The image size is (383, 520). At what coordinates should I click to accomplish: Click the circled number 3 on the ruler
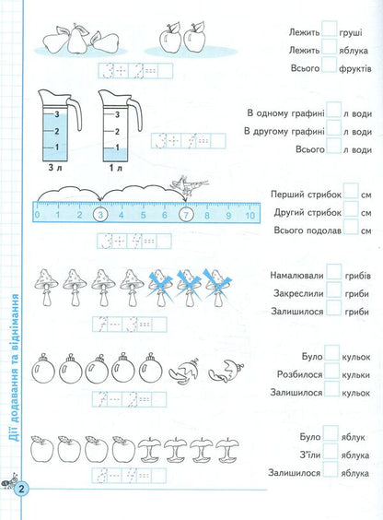[x=99, y=215]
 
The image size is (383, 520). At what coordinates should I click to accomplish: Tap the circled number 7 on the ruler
[x=187, y=215]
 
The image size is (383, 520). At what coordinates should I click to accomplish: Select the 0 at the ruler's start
[x=37, y=215]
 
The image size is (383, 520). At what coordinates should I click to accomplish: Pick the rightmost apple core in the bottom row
[x=223, y=451]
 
